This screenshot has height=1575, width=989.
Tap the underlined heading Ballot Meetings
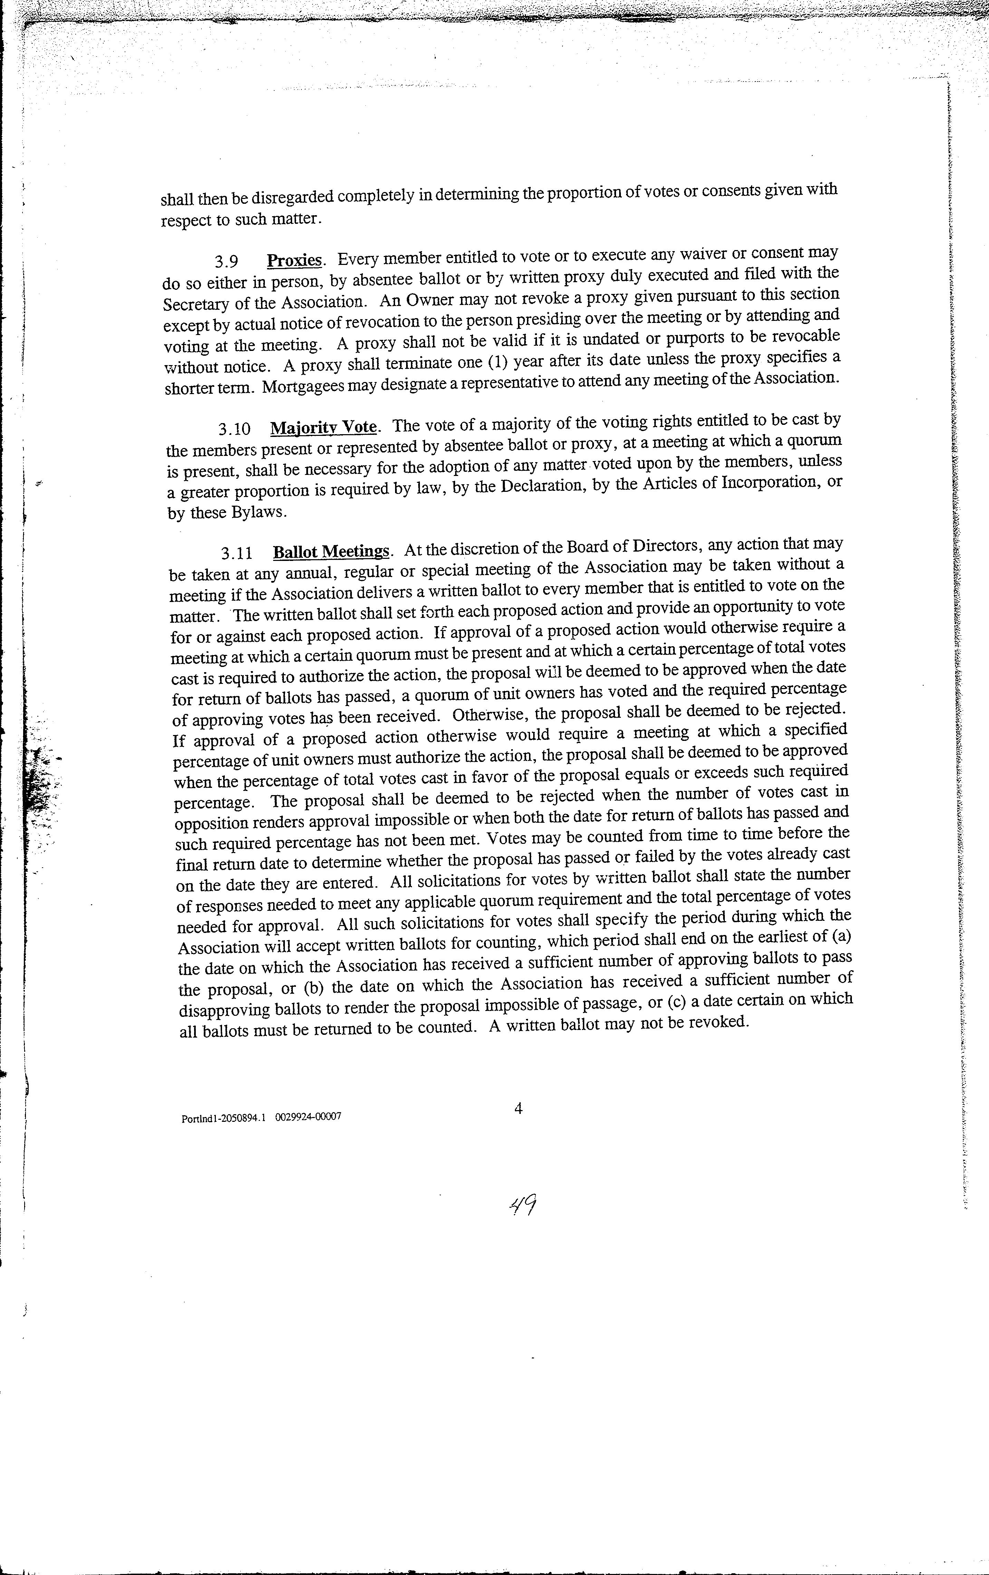(331, 551)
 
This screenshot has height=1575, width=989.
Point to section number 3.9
(226, 261)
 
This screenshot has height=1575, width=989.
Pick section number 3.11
(237, 553)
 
